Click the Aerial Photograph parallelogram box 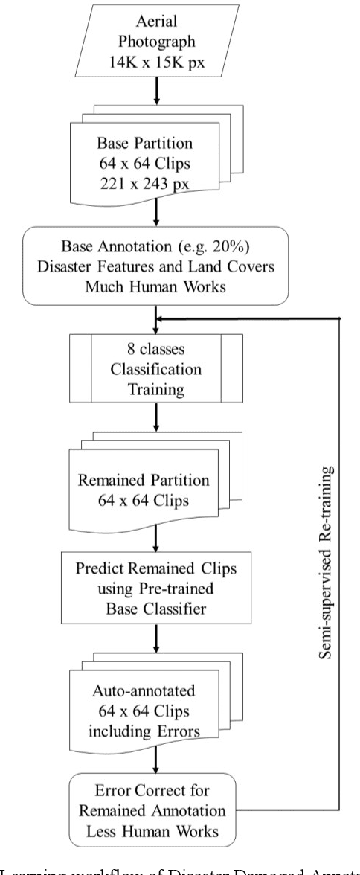click(155, 34)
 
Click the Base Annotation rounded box click(155, 266)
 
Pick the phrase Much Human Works click(155, 284)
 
